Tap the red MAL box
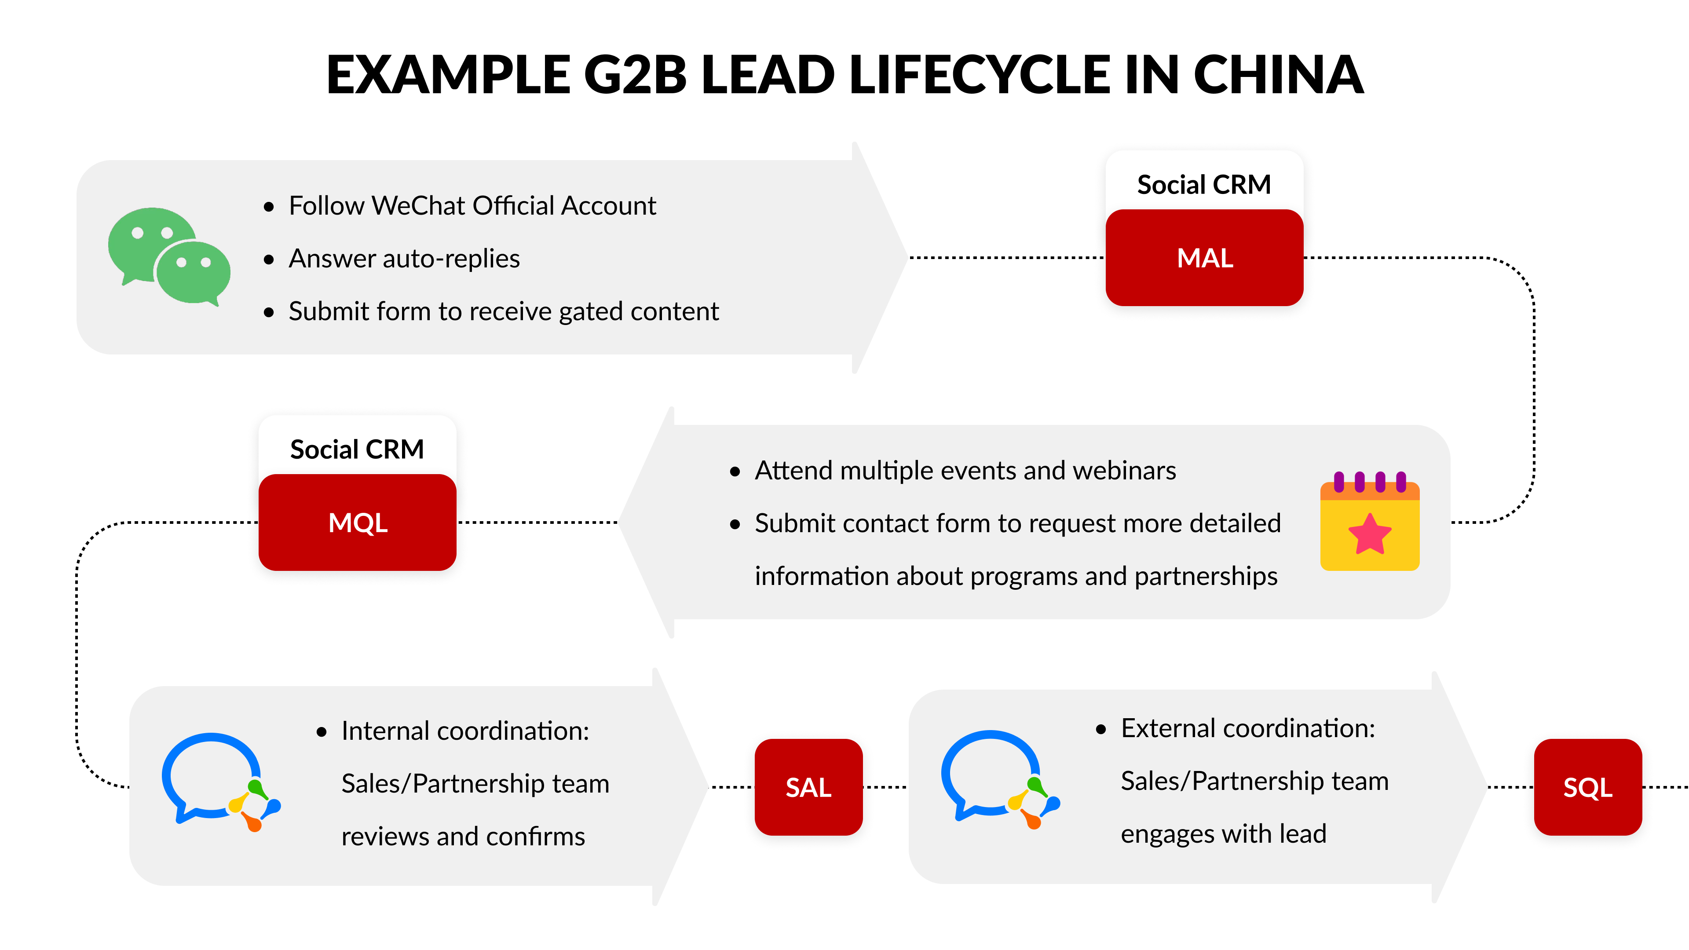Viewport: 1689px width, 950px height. pyautogui.click(x=1204, y=258)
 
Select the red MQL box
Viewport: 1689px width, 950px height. pyautogui.click(x=357, y=522)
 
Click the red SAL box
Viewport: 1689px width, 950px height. pyautogui.click(x=808, y=787)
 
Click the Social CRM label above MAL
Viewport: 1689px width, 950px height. pyautogui.click(x=1204, y=185)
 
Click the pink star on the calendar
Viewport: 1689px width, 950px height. pyautogui.click(x=1369, y=534)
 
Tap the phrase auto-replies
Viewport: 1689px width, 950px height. pyautogui.click(x=451, y=259)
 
